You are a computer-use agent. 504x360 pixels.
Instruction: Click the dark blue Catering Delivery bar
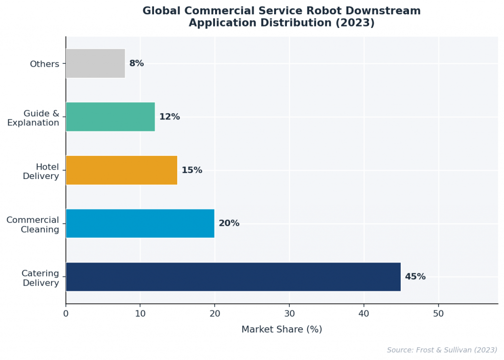coord(233,277)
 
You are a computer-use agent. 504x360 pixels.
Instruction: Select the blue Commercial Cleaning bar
coord(140,223)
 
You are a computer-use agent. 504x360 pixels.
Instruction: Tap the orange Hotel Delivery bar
coord(121,170)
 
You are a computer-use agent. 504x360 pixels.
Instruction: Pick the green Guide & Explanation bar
coord(110,117)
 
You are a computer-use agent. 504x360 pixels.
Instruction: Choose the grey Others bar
coord(95,63)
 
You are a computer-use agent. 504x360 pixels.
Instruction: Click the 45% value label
coord(415,277)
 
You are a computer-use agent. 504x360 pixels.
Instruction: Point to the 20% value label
coord(229,223)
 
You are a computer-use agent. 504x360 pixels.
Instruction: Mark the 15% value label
coord(191,170)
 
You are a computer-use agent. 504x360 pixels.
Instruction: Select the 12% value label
coord(169,117)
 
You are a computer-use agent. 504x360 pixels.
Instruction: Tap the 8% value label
coord(136,63)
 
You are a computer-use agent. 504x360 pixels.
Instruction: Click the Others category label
coord(44,64)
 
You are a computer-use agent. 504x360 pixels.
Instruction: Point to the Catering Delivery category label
coord(40,278)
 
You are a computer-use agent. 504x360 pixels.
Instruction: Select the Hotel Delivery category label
coord(41,171)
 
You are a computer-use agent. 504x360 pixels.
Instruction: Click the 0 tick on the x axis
coord(66,313)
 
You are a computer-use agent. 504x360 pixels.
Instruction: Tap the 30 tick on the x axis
coord(289,313)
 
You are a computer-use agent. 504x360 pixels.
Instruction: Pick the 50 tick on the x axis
coord(439,313)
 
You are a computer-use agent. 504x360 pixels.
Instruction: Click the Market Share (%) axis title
coord(282,330)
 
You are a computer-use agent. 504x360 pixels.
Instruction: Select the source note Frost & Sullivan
coord(441,350)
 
